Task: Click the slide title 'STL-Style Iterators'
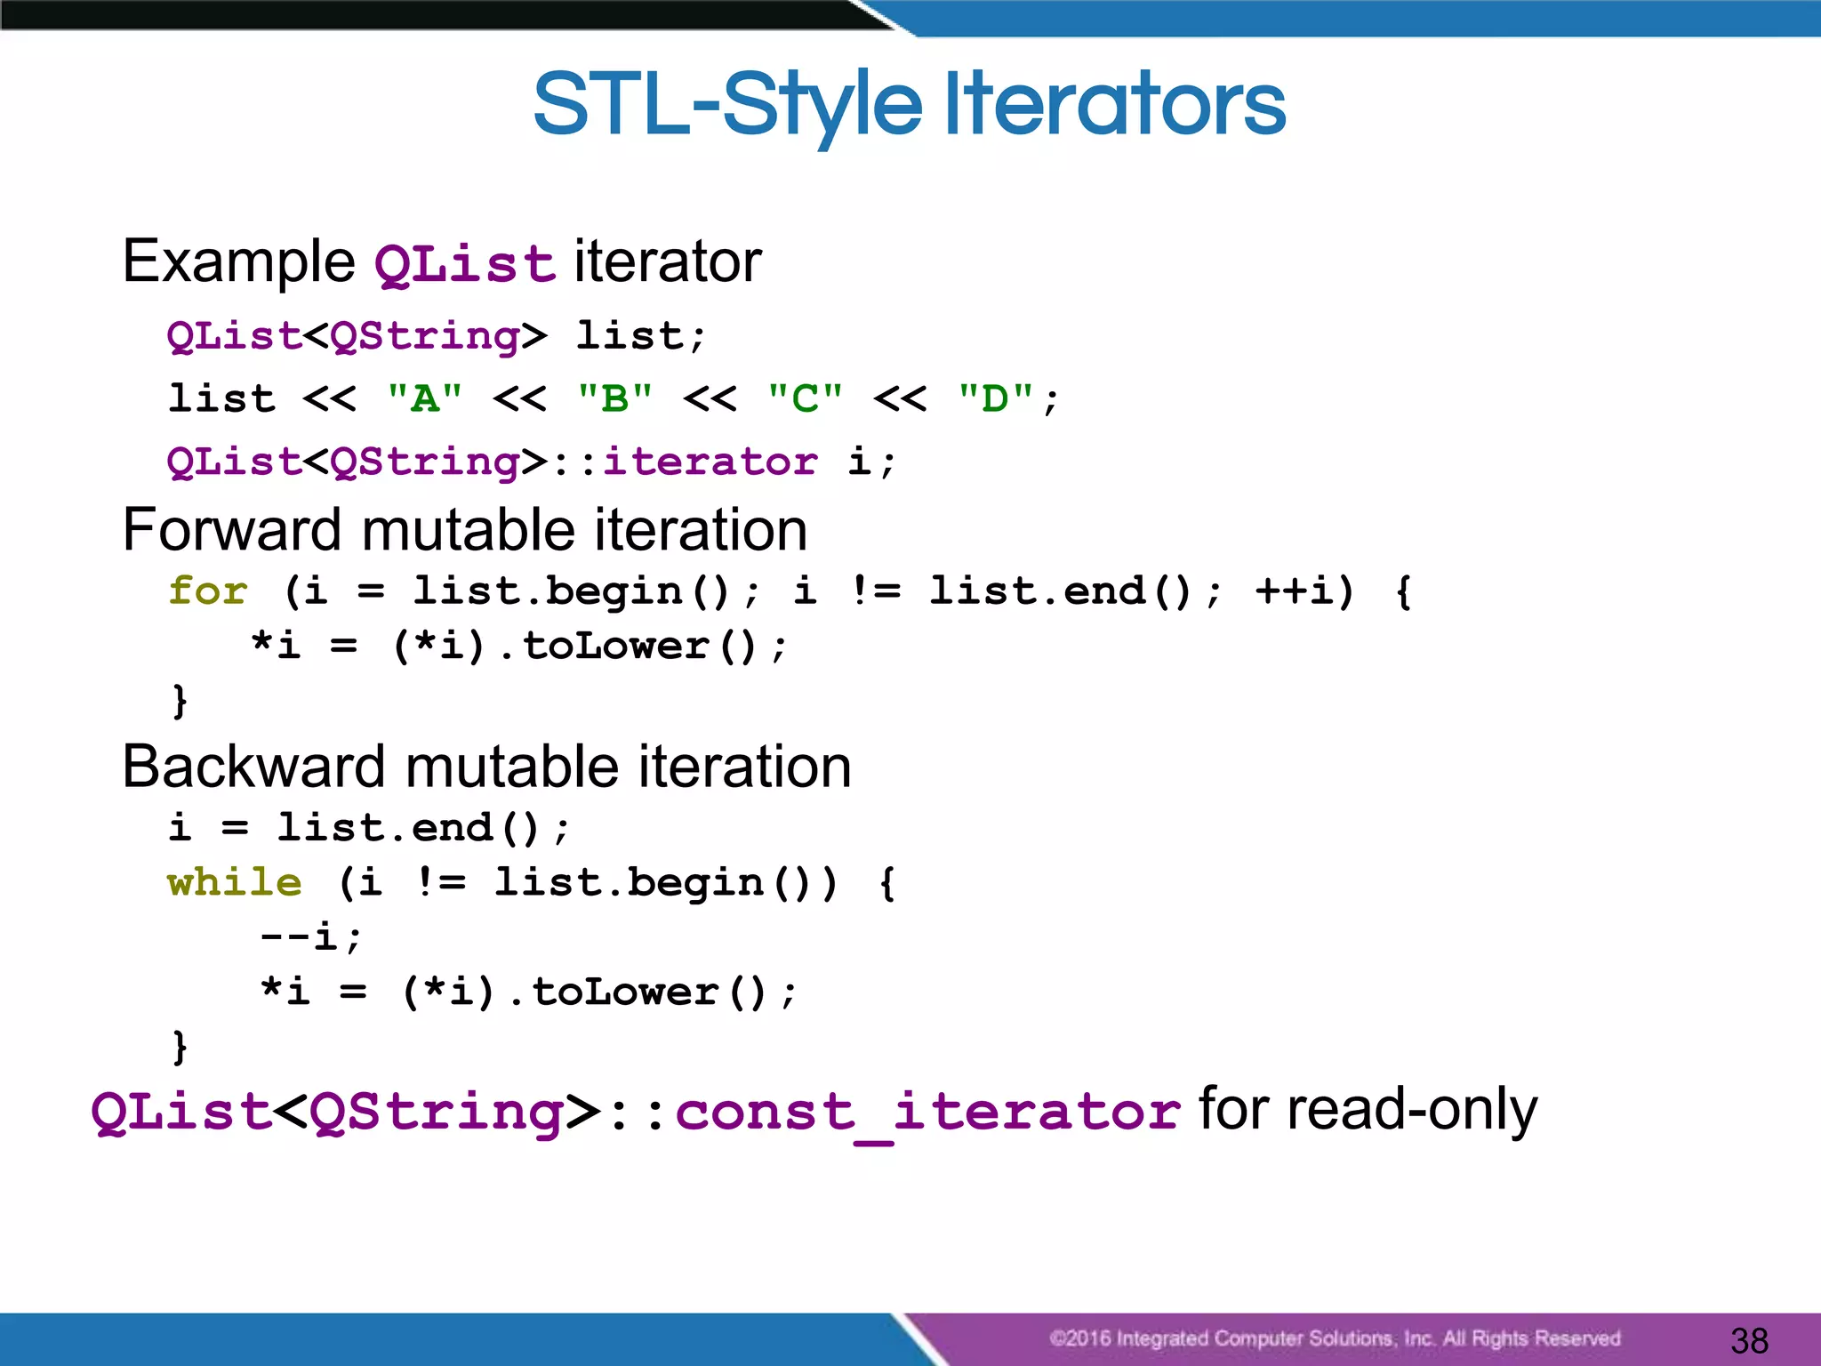909,105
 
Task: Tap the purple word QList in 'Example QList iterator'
464,264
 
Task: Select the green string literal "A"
425,398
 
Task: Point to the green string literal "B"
615,398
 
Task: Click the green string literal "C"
806,398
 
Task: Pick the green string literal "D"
996,398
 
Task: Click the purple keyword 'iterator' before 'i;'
710,462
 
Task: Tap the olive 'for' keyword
208,591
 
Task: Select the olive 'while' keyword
235,882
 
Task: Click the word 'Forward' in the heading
234,530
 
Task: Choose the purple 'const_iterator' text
927,1112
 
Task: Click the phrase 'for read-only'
1368,1110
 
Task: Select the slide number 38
1749,1340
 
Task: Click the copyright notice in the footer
1334,1338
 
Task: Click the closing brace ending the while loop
180,1046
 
